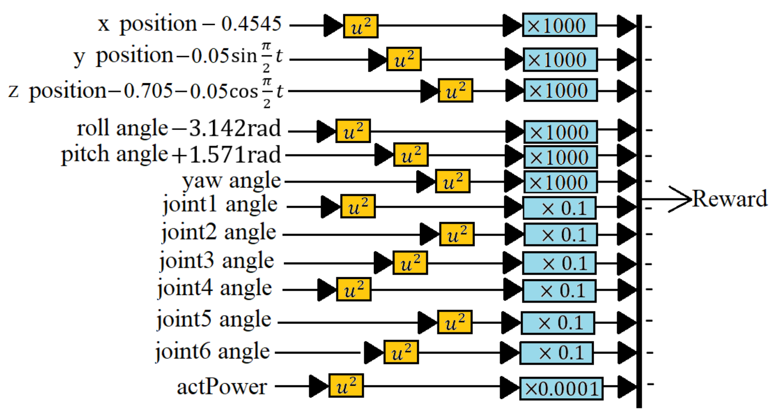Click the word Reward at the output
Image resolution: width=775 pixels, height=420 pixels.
coord(729,199)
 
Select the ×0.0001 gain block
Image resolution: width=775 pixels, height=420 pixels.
coord(561,388)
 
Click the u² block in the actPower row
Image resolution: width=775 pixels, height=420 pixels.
coord(346,386)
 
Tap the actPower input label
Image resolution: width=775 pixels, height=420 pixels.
coord(222,387)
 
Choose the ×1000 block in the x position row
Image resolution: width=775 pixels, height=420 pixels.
coord(559,25)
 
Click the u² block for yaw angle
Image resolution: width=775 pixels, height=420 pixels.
coord(452,181)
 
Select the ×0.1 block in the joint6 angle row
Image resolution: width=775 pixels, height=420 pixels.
coord(556,353)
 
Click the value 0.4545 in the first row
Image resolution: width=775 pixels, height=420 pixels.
coord(251,24)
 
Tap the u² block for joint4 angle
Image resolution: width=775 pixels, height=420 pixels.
coord(354,289)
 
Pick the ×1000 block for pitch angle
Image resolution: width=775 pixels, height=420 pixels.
coord(560,157)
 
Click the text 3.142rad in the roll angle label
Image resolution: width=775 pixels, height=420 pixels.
coord(234,128)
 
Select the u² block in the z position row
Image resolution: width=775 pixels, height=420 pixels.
coord(455,91)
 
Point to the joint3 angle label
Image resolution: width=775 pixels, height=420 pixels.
coord(216,261)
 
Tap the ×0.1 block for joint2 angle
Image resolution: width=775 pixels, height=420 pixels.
coord(560,235)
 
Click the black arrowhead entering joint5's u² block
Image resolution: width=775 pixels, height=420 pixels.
coord(427,322)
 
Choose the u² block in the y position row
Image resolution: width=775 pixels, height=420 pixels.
coord(404,59)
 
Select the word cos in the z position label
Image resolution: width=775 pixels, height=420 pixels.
coord(244,91)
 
